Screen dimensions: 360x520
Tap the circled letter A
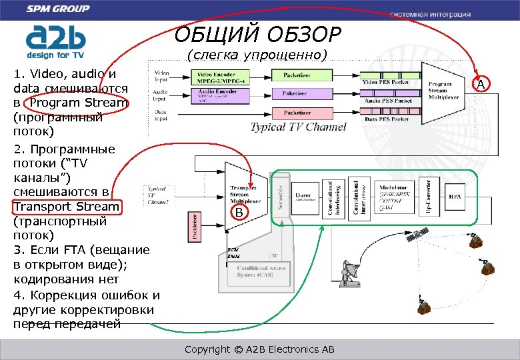pos(482,84)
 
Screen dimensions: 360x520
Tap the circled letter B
pos(241,213)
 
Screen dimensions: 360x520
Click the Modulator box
pos(394,197)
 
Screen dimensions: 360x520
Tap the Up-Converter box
pos(431,197)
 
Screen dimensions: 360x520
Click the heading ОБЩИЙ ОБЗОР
pos(258,33)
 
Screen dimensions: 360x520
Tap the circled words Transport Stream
pos(67,207)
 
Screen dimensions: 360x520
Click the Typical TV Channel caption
pos(298,127)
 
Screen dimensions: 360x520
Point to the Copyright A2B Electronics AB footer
pos(259,349)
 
